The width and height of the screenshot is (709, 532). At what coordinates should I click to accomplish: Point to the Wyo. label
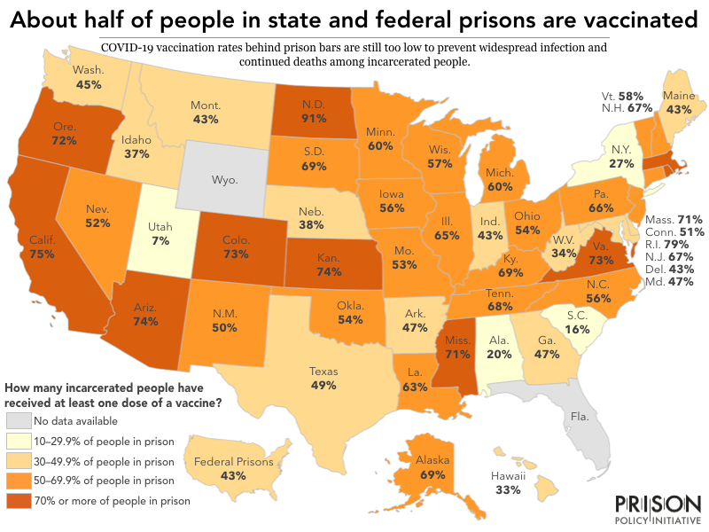tap(225, 180)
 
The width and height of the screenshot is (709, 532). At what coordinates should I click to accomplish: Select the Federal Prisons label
tap(232, 461)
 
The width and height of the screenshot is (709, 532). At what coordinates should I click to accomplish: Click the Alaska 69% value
tap(432, 475)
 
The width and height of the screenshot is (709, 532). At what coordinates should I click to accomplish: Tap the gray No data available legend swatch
tap(19, 420)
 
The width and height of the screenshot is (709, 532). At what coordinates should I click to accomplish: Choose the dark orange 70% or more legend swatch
tap(19, 500)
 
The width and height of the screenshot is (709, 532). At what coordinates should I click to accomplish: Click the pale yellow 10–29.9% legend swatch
tap(19, 441)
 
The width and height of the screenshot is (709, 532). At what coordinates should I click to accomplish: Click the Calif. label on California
tap(41, 239)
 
